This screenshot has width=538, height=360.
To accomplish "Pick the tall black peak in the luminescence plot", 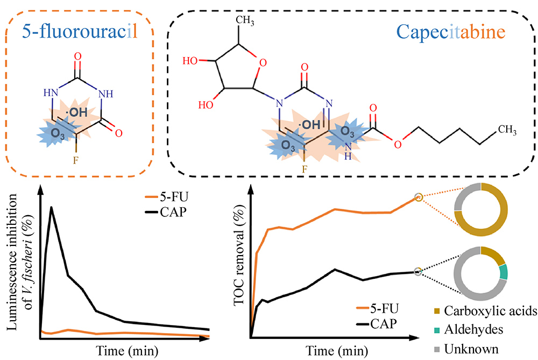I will (52, 208).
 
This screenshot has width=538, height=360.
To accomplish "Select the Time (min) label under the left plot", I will (124, 351).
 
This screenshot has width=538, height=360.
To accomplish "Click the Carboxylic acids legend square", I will (438, 311).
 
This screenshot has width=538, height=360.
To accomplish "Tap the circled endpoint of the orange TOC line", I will (419, 197).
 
